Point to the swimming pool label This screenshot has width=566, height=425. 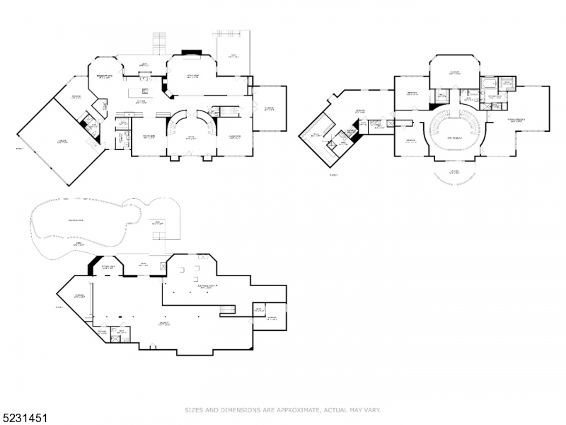[73, 222]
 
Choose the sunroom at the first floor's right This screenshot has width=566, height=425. [270, 108]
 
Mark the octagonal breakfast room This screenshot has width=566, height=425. [105, 76]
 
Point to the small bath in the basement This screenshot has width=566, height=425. [122, 333]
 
